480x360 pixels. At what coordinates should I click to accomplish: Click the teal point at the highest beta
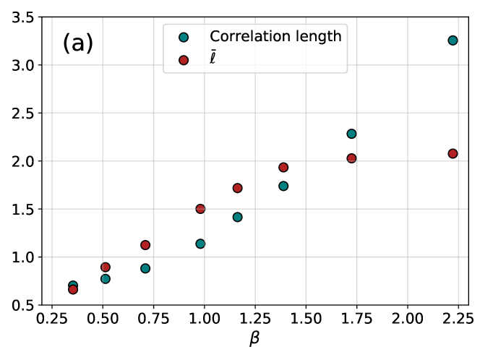(x=453, y=40)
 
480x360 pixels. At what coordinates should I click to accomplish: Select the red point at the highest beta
(x=453, y=153)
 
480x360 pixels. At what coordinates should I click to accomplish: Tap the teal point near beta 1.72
(x=351, y=134)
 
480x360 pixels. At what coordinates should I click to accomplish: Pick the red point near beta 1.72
(x=351, y=158)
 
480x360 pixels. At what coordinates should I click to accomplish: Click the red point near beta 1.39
(x=283, y=167)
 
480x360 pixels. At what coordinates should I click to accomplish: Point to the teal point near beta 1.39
(x=283, y=186)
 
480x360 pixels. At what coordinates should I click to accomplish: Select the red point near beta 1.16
(x=237, y=188)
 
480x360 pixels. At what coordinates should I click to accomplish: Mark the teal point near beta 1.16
(x=237, y=217)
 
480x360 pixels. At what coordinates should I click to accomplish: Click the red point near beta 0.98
(x=200, y=209)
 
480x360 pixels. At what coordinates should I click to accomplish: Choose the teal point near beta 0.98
(x=200, y=244)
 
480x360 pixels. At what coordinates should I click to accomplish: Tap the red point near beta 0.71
(x=145, y=245)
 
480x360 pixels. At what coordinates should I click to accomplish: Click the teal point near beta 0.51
(x=106, y=278)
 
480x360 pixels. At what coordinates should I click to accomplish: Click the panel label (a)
(x=77, y=43)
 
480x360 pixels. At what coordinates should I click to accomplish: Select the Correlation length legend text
(x=275, y=36)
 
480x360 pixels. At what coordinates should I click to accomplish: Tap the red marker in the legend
(x=184, y=60)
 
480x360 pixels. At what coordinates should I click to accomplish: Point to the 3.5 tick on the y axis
(x=23, y=17)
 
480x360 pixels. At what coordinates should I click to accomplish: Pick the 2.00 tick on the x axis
(x=408, y=318)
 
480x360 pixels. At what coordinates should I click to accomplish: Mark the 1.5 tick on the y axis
(x=23, y=209)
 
